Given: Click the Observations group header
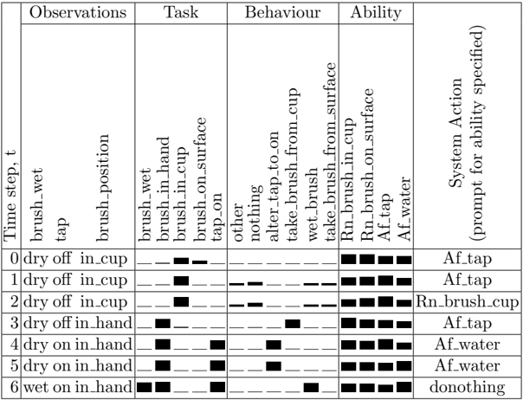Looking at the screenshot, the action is pos(78,13).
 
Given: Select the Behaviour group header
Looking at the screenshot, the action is pos(282,13).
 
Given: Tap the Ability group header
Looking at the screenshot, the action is pos(376,13).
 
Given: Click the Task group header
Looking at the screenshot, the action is pos(181,13).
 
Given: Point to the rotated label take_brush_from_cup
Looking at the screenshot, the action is pos(293,165).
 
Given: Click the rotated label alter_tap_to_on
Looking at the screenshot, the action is pos(274,186).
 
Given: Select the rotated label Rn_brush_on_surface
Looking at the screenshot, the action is pos(367,165).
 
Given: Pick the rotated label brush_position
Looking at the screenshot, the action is pos(102,188).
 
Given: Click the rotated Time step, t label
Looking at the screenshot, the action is pos(10,197).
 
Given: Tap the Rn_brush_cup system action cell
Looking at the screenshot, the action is pos(467,302).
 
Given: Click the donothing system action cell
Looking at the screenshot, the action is pos(467,387).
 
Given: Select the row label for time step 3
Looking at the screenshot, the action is pos(14,323).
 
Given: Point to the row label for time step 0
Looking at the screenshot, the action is pos(14,259).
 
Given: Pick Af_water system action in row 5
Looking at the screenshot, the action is pos(467,366).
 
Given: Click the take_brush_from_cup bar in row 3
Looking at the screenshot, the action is pos(293,324).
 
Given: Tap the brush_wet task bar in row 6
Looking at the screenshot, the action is pos(145,387).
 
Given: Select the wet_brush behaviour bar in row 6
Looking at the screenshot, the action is pos(311,387).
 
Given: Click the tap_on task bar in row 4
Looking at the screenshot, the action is pos(217,345).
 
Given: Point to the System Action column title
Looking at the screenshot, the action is pos(467,133).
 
